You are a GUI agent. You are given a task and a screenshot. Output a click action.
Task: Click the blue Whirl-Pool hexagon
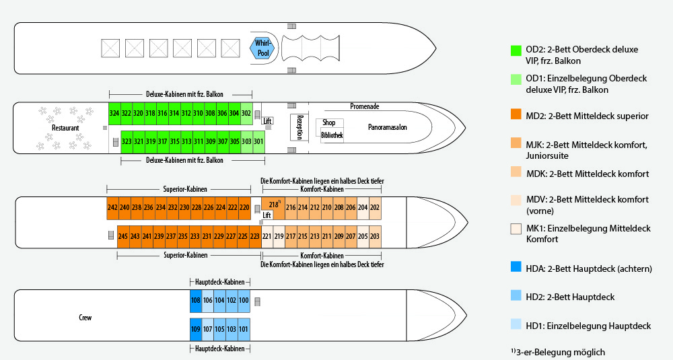(x=262, y=48)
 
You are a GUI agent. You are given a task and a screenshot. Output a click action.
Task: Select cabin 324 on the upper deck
(x=114, y=113)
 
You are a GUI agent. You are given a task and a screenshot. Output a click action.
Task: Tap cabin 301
(x=258, y=141)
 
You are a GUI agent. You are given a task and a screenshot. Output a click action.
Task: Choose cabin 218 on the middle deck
(x=273, y=205)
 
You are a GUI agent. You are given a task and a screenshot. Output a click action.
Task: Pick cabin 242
(x=112, y=208)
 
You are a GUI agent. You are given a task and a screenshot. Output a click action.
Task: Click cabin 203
(x=375, y=236)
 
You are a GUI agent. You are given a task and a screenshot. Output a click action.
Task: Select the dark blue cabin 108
(x=196, y=300)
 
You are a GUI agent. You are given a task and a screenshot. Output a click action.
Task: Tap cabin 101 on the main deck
(x=244, y=329)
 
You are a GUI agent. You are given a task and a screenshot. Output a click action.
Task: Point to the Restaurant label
(x=65, y=128)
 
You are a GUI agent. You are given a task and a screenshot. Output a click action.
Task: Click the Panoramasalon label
(x=388, y=127)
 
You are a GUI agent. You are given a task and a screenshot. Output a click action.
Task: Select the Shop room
(x=329, y=122)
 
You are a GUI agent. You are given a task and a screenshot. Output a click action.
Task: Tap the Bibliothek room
(x=332, y=135)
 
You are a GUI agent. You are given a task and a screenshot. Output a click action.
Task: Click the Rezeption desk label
(x=300, y=127)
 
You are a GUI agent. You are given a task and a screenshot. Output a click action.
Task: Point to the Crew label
(x=85, y=318)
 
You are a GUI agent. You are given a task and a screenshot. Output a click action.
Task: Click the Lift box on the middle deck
(x=267, y=215)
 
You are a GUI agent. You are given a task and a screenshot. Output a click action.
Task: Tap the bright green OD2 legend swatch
(x=517, y=50)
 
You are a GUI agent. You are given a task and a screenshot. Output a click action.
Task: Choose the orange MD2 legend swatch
(x=517, y=116)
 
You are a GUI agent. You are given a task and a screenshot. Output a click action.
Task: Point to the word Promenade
(x=365, y=107)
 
